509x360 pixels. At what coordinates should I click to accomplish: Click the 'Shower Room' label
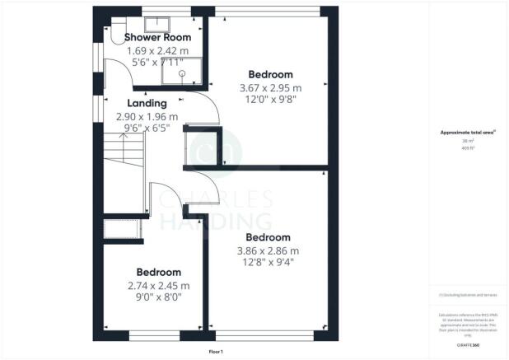[157, 37]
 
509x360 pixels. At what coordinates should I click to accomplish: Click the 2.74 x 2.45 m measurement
[159, 286]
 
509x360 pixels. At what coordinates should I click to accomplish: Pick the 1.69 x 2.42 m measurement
[158, 51]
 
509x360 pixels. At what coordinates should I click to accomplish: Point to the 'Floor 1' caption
[215, 352]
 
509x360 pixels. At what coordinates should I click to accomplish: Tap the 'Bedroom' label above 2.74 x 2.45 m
[159, 273]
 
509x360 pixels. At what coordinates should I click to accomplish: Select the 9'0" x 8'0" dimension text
[159, 297]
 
